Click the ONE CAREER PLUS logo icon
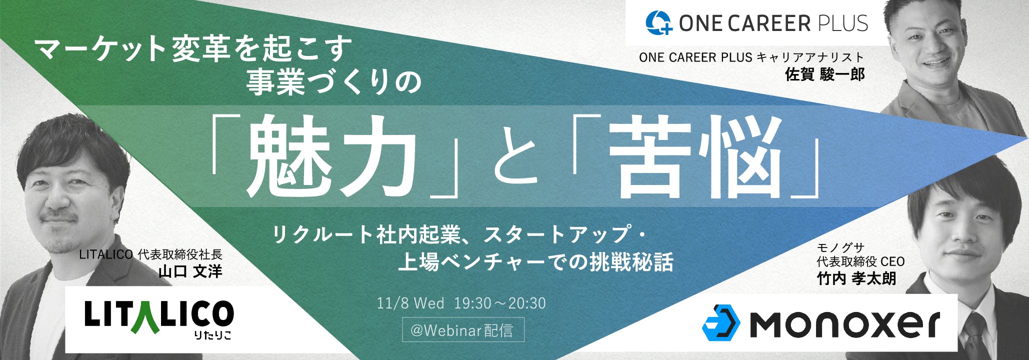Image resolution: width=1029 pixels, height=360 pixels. (x=658, y=23)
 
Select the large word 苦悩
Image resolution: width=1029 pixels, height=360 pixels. (x=695, y=155)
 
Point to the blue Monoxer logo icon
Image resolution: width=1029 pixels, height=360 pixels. (x=721, y=322)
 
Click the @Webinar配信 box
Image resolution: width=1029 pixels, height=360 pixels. (x=463, y=330)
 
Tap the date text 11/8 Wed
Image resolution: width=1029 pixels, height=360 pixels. (x=410, y=303)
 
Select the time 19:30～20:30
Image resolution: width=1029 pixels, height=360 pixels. (x=499, y=303)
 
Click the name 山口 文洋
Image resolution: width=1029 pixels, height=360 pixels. (x=190, y=271)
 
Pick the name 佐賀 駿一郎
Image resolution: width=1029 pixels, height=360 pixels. (x=825, y=74)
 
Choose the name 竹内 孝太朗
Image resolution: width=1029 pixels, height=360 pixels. (x=856, y=278)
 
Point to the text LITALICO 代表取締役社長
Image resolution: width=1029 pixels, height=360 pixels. (x=150, y=254)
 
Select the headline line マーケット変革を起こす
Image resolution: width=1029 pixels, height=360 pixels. (x=193, y=49)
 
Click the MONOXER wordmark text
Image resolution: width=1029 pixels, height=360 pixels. (x=845, y=324)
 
